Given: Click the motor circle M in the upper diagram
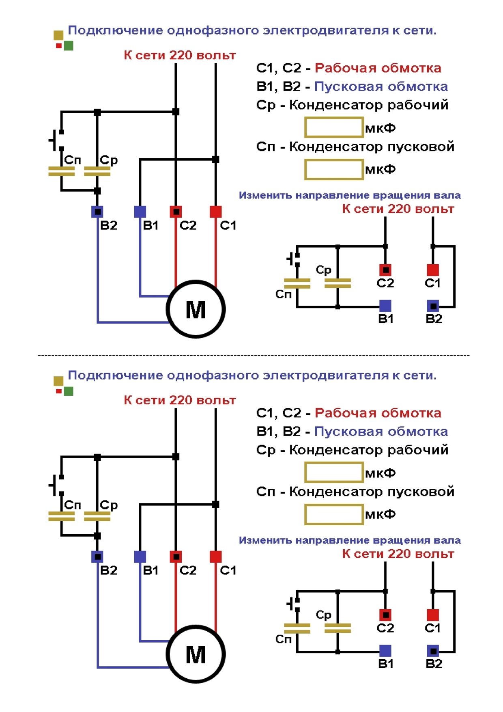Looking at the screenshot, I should pyautogui.click(x=196, y=309).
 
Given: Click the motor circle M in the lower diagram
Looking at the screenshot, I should pyautogui.click(x=196, y=654).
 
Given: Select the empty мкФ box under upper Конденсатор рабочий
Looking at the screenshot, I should pyautogui.click(x=334, y=127).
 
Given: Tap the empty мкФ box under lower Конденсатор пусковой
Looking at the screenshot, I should pyautogui.click(x=334, y=514).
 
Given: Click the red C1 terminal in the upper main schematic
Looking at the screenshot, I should pyautogui.click(x=216, y=211).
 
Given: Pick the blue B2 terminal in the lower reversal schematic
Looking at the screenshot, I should pyautogui.click(x=433, y=651).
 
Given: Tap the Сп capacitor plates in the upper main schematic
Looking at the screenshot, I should pyautogui.click(x=61, y=171).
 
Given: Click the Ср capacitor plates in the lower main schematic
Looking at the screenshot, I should pyautogui.click(x=97, y=516).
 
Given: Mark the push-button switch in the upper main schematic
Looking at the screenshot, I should pyautogui.click(x=56, y=140).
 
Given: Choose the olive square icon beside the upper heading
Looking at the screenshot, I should pyautogui.click(x=58, y=35).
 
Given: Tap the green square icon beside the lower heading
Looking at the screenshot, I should pyautogui.click(x=69, y=391).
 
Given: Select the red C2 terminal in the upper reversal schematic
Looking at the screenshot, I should pyautogui.click(x=385, y=270).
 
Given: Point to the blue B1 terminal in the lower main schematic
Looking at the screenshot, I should pyautogui.click(x=140, y=557).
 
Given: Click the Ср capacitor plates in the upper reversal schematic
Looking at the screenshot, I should pyautogui.click(x=337, y=283).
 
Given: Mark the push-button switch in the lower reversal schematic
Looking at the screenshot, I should pyautogui.click(x=294, y=604).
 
